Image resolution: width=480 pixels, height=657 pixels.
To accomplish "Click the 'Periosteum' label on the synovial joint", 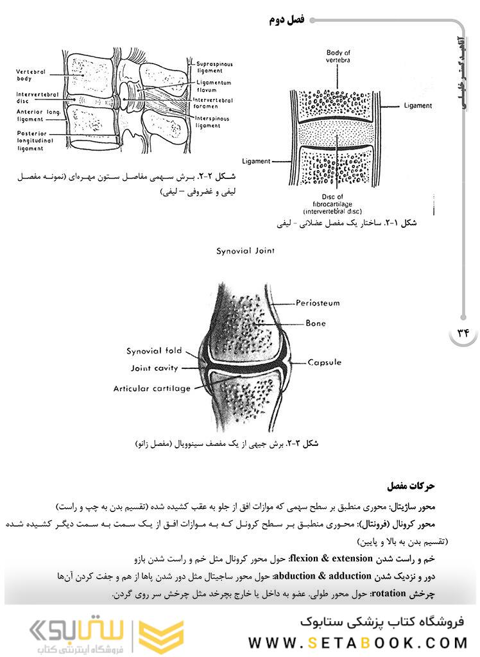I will [x=317, y=303].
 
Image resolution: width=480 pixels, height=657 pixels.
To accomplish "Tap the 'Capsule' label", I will [x=325, y=363].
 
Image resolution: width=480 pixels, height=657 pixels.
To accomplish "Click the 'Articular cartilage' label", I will [x=152, y=388].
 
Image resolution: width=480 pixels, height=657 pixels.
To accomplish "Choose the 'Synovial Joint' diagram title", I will [x=245, y=251].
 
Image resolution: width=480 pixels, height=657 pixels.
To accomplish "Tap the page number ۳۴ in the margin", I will [x=463, y=332].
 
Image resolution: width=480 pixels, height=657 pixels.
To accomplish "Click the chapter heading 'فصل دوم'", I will [x=286, y=20].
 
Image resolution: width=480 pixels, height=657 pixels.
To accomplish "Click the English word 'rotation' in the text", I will [x=389, y=593].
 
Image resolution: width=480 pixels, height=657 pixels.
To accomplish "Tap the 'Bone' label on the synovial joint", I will [x=316, y=323].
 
